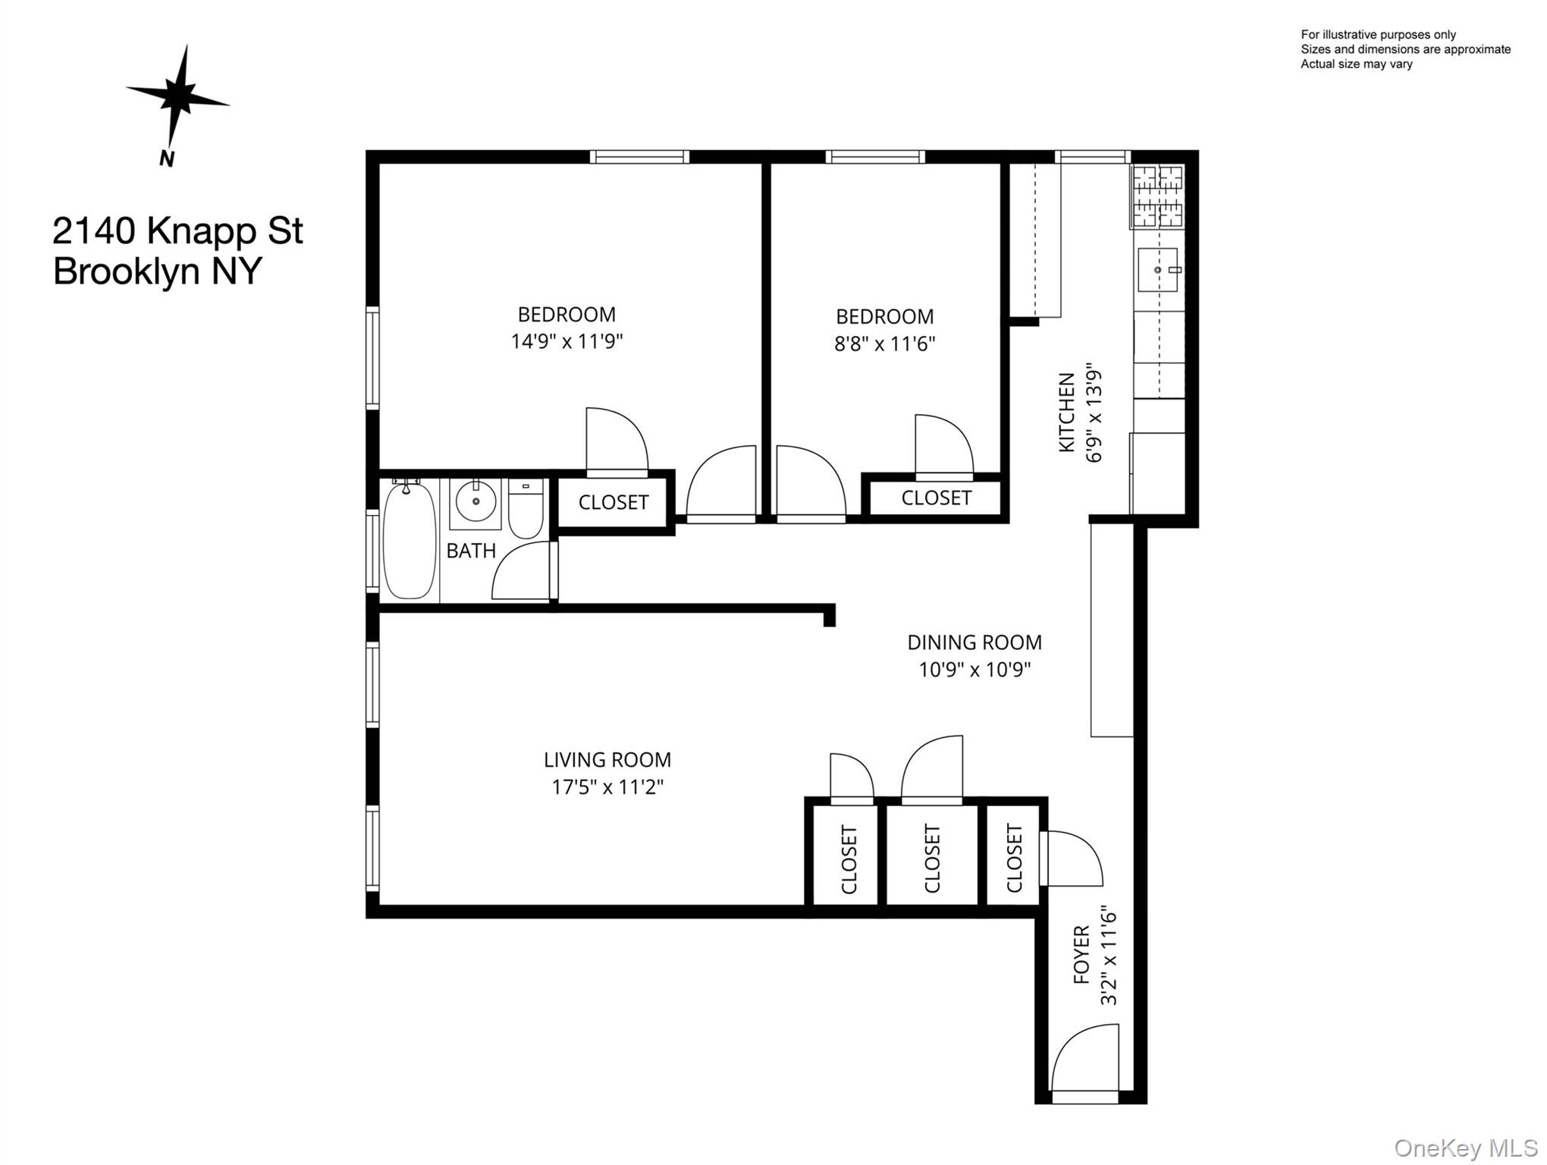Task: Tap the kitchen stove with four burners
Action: [x=1157, y=196]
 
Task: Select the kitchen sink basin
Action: [x=1157, y=270]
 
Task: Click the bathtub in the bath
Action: [x=409, y=540]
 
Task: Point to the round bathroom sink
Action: [x=475, y=501]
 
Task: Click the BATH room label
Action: [x=471, y=551]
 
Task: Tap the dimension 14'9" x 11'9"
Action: [x=566, y=341]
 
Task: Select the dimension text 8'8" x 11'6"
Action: [x=884, y=344]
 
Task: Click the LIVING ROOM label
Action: [x=607, y=760]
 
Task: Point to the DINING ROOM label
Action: [x=974, y=642]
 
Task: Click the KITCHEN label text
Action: [x=1067, y=413]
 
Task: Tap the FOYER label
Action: [x=1081, y=954]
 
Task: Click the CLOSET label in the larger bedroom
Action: [x=613, y=502]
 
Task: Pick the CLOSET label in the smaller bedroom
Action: [x=936, y=498]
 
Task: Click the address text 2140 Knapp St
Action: [x=177, y=231]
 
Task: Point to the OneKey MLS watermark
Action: [x=1465, y=1148]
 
